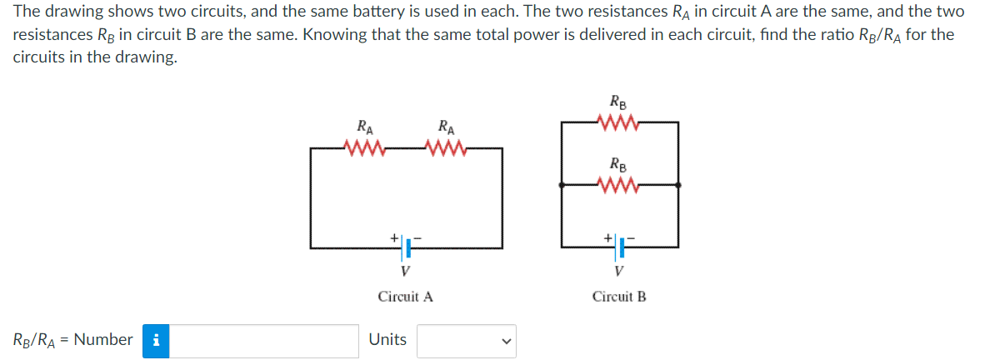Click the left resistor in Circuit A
(x=364, y=149)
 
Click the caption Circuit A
(x=406, y=297)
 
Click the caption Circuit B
(x=619, y=297)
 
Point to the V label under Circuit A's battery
(x=405, y=272)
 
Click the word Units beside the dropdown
(x=387, y=339)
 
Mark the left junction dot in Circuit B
(x=562, y=185)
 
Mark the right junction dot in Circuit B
(x=679, y=185)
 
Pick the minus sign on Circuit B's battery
(x=631, y=237)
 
